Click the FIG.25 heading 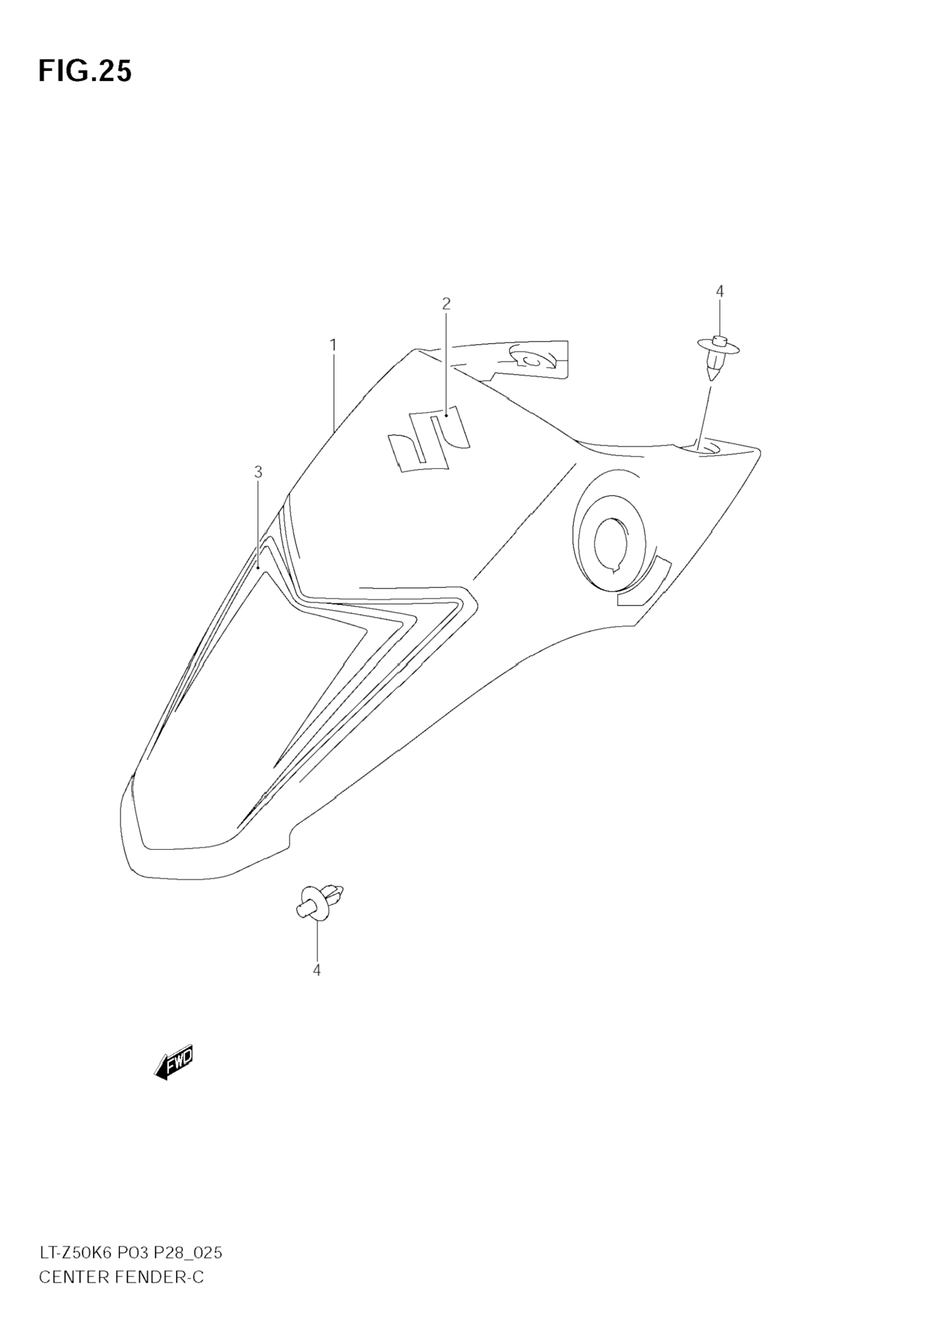click(x=85, y=72)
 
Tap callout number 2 click(x=446, y=304)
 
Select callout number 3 click(x=258, y=473)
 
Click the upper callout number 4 click(x=719, y=292)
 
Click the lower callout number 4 click(x=317, y=970)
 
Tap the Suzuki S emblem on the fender click(x=429, y=439)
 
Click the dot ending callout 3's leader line click(x=259, y=568)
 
